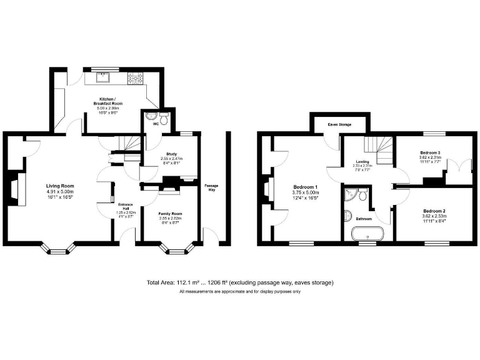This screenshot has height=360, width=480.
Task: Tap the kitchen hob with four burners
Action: coord(135,79)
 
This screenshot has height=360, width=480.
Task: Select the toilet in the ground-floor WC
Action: coord(164,119)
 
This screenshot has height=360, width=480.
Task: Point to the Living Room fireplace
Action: coord(16,187)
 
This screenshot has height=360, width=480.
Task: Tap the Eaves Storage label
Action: coord(339,125)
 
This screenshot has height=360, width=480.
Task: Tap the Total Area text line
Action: coord(240,282)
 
